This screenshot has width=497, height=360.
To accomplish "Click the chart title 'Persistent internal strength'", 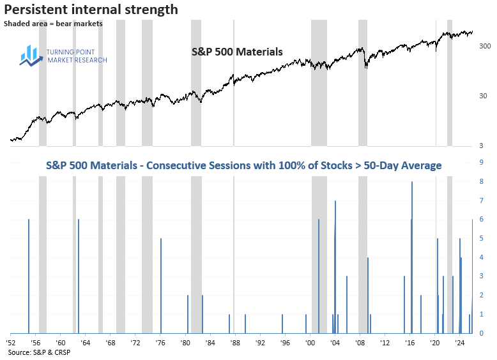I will (91, 10).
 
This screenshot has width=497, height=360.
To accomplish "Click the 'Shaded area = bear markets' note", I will (53, 24).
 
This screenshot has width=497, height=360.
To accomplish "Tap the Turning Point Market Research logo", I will (64, 56).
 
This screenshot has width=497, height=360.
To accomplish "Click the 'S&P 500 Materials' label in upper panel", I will (237, 52).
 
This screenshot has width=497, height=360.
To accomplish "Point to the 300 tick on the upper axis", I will (484, 47).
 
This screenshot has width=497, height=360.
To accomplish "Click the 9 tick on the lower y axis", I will (480, 163).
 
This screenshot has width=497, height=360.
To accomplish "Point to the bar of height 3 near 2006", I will (347, 304).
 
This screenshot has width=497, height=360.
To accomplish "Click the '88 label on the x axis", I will (234, 343).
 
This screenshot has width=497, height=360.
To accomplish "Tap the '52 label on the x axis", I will (11, 343).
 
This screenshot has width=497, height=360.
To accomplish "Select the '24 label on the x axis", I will (459, 343).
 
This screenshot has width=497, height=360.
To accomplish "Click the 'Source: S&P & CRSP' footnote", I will (39, 352).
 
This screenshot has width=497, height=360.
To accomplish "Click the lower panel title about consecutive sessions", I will (243, 166).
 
